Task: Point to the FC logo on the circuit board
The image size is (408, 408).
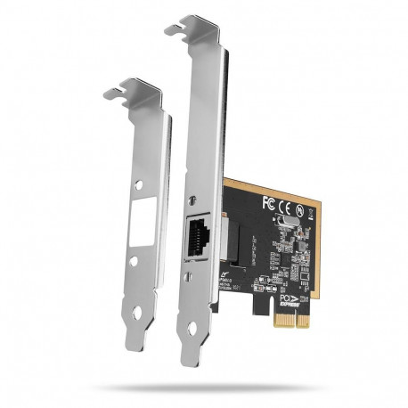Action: click(268, 203)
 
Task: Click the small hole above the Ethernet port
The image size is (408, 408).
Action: click(195, 197)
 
